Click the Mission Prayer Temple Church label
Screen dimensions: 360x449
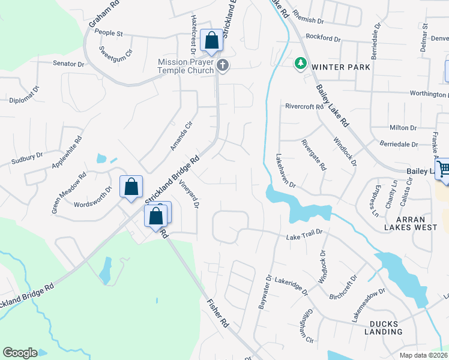(185, 66)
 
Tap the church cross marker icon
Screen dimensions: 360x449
(223, 65)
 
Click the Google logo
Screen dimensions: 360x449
(20, 353)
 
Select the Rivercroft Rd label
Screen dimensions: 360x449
(304, 106)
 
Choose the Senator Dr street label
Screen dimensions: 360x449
(68, 63)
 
